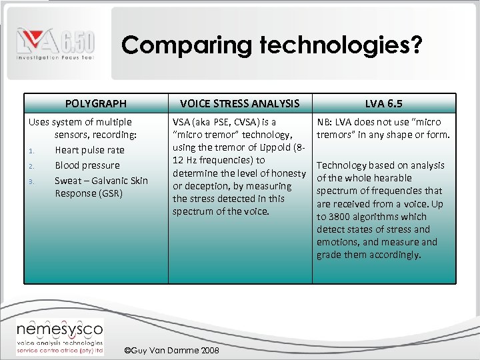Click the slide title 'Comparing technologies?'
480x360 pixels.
pos(272,45)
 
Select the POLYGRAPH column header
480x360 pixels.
pos(95,103)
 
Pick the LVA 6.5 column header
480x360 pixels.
pos(383,103)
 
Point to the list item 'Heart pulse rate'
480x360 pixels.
pos(89,150)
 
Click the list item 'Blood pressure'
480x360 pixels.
pos(87,165)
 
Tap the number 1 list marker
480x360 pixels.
pos(31,151)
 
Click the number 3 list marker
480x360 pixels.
pos(31,181)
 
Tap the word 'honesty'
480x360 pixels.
pos(288,173)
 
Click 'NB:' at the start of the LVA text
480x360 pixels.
pos(325,122)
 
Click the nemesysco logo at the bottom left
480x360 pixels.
pos(60,337)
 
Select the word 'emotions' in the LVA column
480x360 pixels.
pos(337,242)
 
